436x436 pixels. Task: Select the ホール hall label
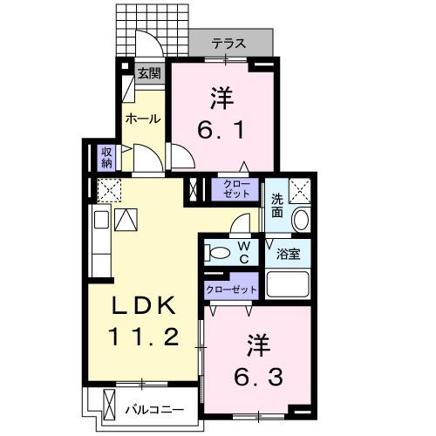tap(143, 119)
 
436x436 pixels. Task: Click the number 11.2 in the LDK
tap(144, 336)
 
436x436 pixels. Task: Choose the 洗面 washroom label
tap(276, 204)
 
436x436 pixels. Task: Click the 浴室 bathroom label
tap(289, 254)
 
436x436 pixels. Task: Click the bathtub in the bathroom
tap(288, 283)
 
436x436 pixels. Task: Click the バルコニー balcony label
tap(153, 408)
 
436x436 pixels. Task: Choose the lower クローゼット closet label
tap(231, 289)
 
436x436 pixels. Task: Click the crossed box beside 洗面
tap(300, 189)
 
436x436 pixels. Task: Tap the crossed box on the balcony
tap(109, 405)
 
